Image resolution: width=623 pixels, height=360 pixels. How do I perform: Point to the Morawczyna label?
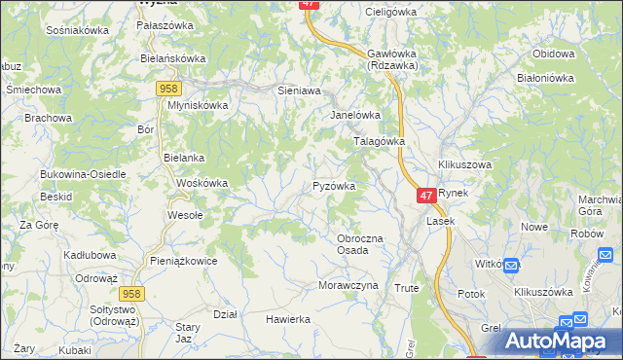[347, 286]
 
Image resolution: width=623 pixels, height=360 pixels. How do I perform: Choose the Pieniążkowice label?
[183, 261]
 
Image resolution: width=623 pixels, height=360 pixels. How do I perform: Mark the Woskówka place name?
[202, 183]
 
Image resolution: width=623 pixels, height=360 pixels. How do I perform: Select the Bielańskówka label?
[173, 58]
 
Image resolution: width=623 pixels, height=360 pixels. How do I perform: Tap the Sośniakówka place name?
[77, 30]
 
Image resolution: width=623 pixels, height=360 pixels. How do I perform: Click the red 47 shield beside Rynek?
[426, 196]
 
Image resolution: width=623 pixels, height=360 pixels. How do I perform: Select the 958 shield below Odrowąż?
[133, 292]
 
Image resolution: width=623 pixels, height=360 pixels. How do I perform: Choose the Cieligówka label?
[389, 12]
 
